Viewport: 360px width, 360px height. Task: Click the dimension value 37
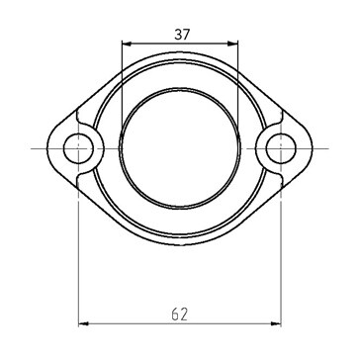[182, 35]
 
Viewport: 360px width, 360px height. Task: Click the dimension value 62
[180, 315]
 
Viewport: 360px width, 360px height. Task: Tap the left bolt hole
[78, 148]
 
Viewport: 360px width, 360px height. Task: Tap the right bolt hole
[281, 148]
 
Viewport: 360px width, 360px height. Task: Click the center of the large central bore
[180, 148]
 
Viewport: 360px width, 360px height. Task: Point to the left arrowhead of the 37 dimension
[127, 44]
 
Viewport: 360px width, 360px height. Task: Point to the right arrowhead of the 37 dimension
[232, 44]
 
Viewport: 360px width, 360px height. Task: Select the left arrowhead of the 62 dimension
[84, 323]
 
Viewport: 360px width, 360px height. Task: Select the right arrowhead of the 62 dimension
[276, 323]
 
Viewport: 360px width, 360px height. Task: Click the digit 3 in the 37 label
[178, 35]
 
